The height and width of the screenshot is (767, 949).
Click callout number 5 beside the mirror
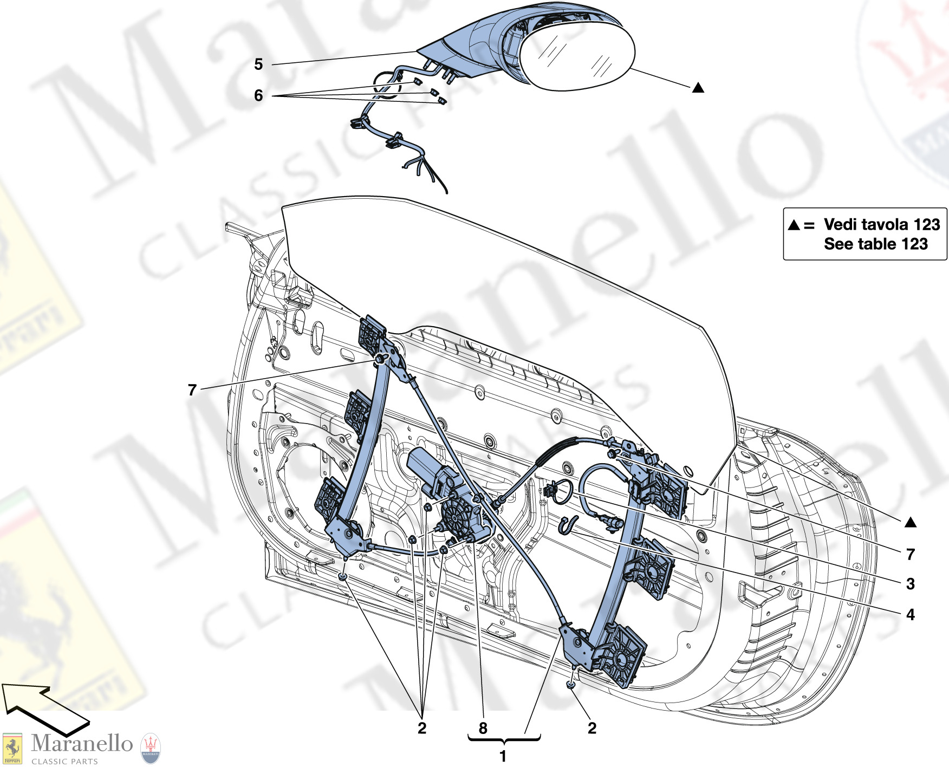click(x=258, y=64)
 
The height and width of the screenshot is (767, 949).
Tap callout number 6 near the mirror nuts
click(x=258, y=96)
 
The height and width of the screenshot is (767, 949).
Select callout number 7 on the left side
click(x=192, y=390)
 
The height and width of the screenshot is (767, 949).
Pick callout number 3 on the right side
click(x=911, y=584)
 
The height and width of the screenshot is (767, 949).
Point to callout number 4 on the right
click(x=911, y=615)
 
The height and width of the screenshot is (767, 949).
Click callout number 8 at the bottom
click(x=483, y=729)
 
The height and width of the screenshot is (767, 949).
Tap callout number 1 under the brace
click(x=503, y=756)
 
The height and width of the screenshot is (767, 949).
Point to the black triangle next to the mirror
click(x=698, y=88)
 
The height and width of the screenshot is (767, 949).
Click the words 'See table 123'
click(x=875, y=244)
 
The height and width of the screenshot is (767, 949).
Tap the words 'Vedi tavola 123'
click(x=881, y=224)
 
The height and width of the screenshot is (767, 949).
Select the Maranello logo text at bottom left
click(x=82, y=744)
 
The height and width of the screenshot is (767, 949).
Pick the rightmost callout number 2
click(x=592, y=729)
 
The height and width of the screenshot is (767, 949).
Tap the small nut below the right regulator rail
click(x=571, y=685)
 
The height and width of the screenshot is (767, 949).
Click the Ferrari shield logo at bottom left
click(x=12, y=749)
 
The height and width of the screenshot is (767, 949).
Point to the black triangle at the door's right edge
click(x=911, y=523)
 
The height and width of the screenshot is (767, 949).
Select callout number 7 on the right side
click(x=911, y=554)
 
